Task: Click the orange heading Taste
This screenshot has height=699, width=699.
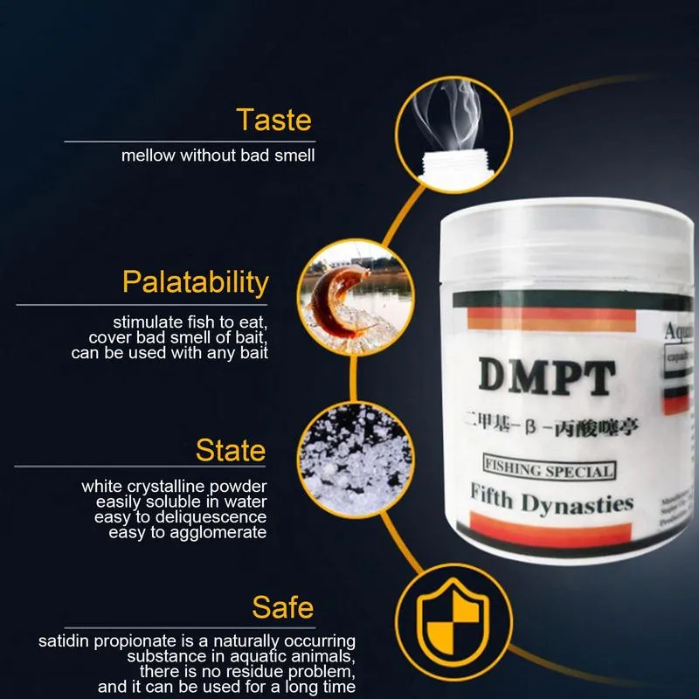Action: click(273, 120)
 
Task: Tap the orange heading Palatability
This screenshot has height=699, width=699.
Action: click(195, 282)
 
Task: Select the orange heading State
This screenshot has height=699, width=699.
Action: click(230, 451)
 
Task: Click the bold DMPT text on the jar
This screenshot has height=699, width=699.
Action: click(547, 376)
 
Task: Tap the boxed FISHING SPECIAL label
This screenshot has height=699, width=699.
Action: click(549, 471)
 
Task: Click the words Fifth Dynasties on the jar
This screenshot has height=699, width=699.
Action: click(550, 502)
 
